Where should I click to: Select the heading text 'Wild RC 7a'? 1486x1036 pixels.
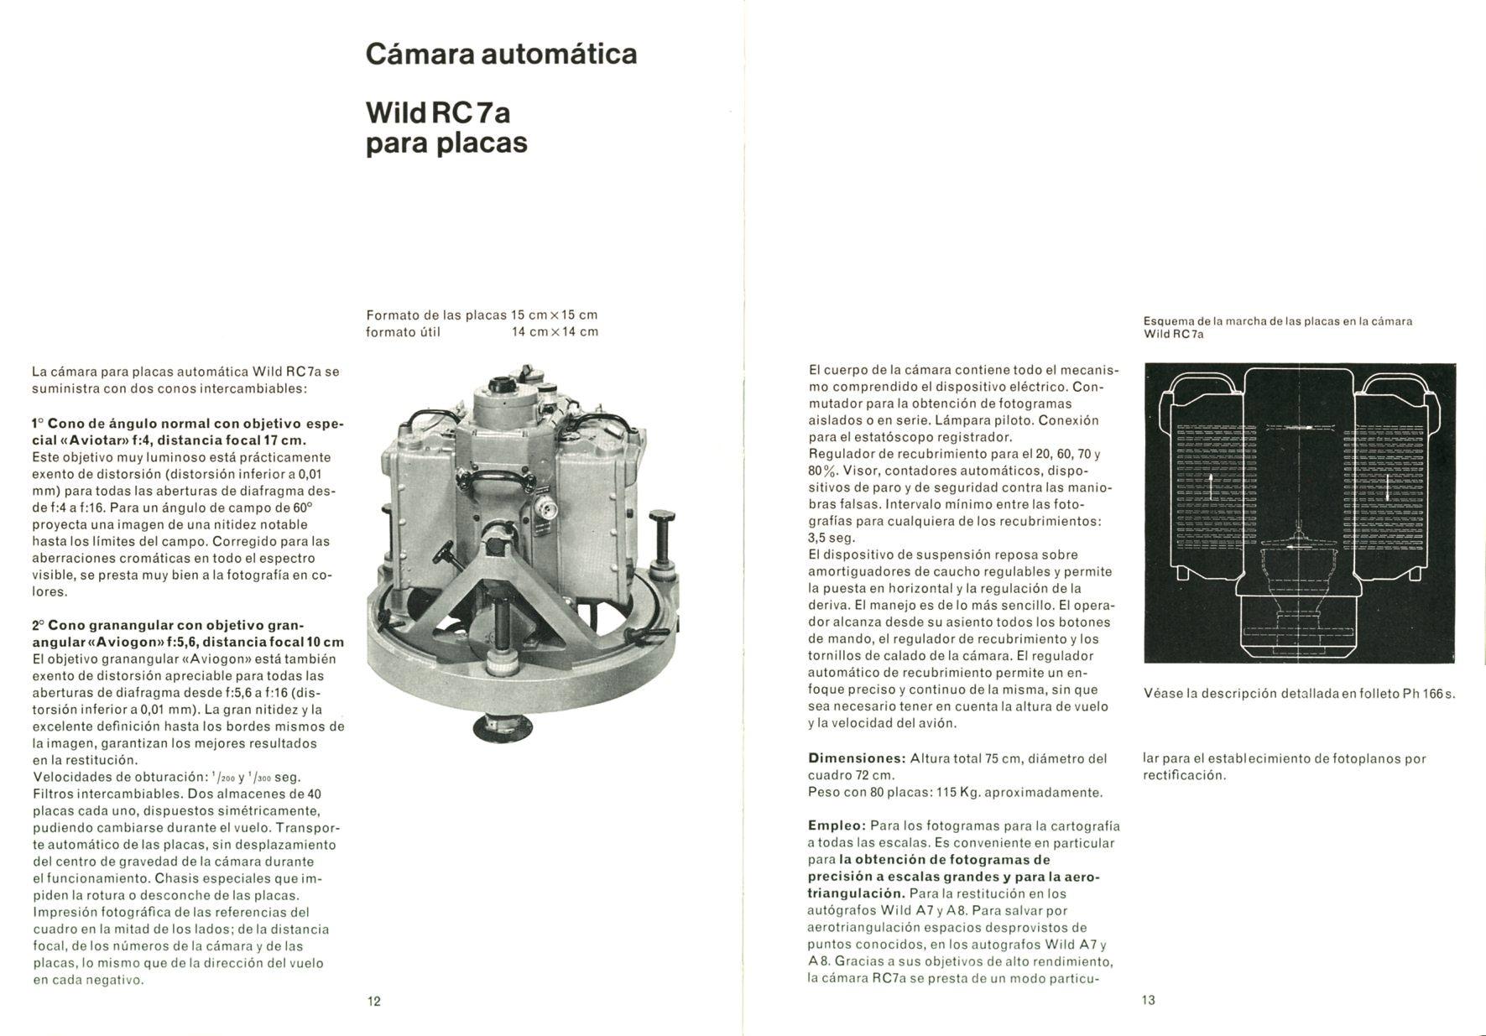[x=438, y=112]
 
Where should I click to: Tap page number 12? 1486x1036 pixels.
[x=374, y=1001]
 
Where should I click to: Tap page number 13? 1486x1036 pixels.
[x=1149, y=1000]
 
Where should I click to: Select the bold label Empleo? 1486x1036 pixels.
[x=837, y=826]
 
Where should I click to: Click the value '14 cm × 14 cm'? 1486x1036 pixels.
[x=555, y=332]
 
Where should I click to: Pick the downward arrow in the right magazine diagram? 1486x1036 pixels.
[x=1389, y=487]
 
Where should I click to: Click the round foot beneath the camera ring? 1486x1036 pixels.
[x=503, y=726]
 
